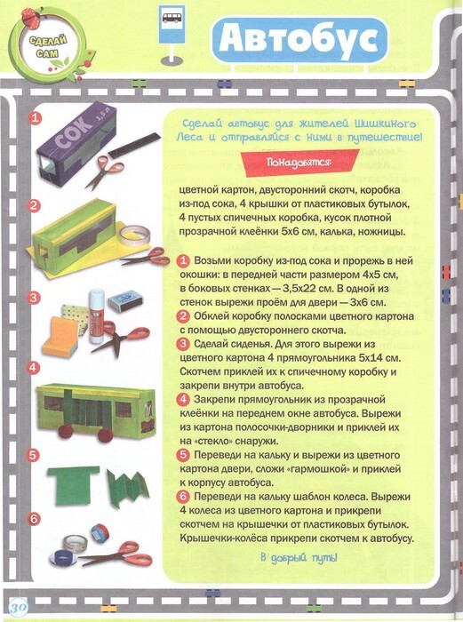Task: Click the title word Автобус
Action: pyautogui.click(x=299, y=40)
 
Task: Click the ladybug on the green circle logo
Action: pyautogui.click(x=32, y=19)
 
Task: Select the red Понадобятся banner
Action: pyautogui.click(x=299, y=163)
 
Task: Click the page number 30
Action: pyautogui.click(x=18, y=607)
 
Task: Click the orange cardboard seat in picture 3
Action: pyautogui.click(x=60, y=338)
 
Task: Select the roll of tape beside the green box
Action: pyautogui.click(x=135, y=235)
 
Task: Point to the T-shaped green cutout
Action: pyautogui.click(x=74, y=485)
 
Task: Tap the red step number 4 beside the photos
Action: pyautogui.click(x=34, y=367)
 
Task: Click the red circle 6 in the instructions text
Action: pyautogui.click(x=183, y=496)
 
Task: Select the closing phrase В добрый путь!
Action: pyautogui.click(x=299, y=557)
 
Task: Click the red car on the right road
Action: pyautogui.click(x=446, y=272)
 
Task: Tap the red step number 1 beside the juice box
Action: pyautogui.click(x=36, y=118)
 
